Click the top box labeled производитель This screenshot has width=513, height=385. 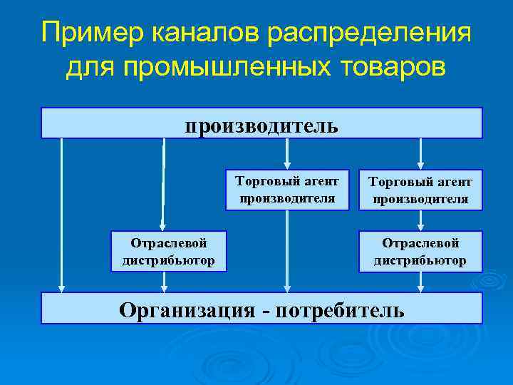[x=261, y=123]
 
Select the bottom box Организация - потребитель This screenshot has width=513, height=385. [x=261, y=308]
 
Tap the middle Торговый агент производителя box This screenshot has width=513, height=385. [x=287, y=190]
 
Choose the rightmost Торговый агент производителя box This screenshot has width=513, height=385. [x=420, y=190]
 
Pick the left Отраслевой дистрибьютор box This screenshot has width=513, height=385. [x=169, y=251]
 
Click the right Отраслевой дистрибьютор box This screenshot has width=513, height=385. [x=420, y=251]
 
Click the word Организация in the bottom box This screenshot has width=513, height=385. [x=187, y=309]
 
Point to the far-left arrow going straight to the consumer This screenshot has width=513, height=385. [x=62, y=214]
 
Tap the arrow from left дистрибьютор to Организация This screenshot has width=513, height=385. [x=165, y=282]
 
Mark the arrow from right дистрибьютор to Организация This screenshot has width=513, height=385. [x=420, y=282]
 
